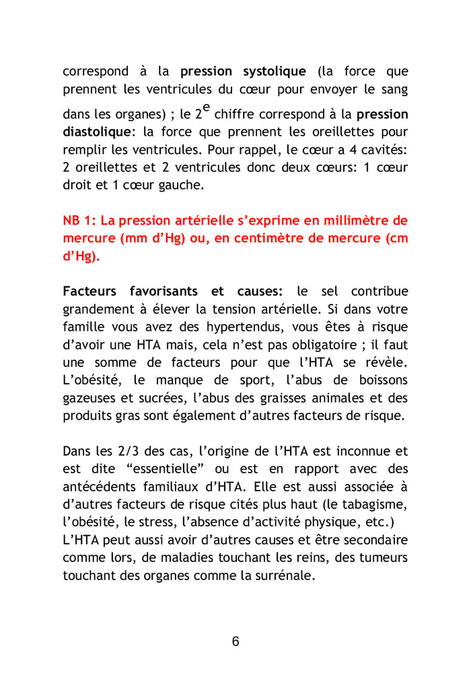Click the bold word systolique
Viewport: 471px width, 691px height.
(x=274, y=71)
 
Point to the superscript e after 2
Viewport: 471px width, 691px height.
(x=206, y=108)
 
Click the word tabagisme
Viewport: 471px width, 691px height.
(x=378, y=503)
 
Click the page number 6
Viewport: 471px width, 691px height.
(x=235, y=641)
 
